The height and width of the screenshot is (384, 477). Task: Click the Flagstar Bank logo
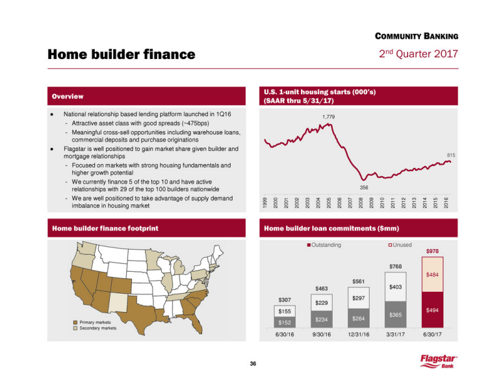click(x=441, y=361)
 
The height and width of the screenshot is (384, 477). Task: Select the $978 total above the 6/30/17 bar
click(x=432, y=252)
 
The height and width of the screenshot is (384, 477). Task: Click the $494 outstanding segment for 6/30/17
click(x=432, y=311)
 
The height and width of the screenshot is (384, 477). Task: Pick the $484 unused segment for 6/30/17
click(x=432, y=275)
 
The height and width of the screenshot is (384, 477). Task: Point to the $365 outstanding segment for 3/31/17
click(x=395, y=315)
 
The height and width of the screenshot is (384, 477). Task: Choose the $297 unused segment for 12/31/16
click(x=359, y=298)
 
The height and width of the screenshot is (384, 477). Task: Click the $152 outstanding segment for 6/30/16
click(x=285, y=322)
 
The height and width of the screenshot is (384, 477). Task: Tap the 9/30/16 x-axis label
click(x=322, y=335)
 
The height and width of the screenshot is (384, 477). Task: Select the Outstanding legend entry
click(x=326, y=245)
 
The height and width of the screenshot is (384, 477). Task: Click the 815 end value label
click(x=451, y=155)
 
